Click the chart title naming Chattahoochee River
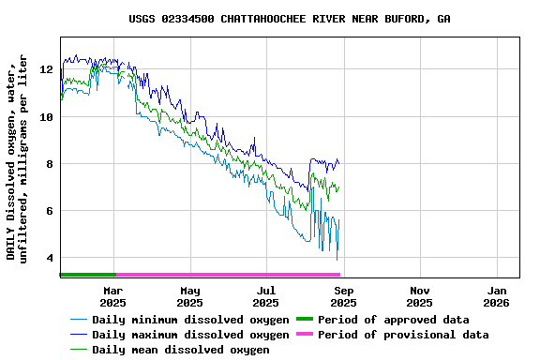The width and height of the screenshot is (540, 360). pyautogui.click(x=289, y=19)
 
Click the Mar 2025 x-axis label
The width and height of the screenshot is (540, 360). pyautogui.click(x=112, y=296)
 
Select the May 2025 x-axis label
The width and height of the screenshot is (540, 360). pyautogui.click(x=189, y=296)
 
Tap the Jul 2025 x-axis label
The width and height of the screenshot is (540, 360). pyautogui.click(x=266, y=296)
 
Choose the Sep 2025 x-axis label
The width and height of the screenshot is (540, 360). pyautogui.click(x=343, y=296)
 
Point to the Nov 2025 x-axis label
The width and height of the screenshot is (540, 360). pyautogui.click(x=420, y=296)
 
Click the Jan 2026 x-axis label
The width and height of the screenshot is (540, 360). pyautogui.click(x=497, y=296)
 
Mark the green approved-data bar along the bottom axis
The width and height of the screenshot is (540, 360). pyautogui.click(x=87, y=275)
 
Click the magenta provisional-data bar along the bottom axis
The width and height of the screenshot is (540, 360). pyautogui.click(x=227, y=275)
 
